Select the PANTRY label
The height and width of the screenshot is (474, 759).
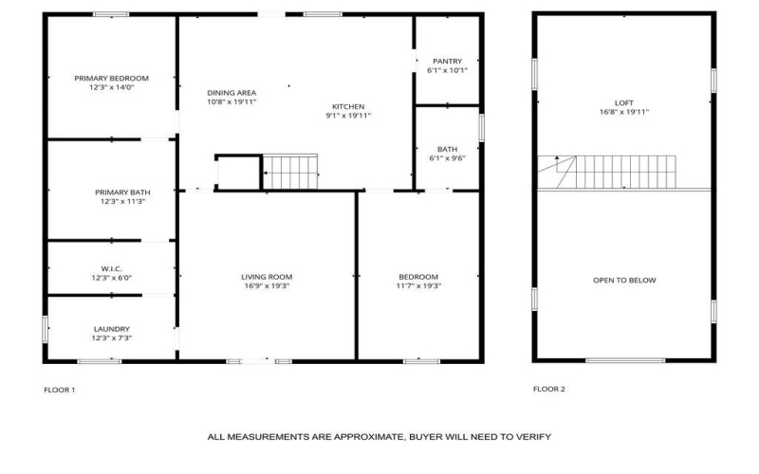tap(447, 61)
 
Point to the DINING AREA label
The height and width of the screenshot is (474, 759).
tap(232, 92)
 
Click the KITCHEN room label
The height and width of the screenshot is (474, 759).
tap(348, 106)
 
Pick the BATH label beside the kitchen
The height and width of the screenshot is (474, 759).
tap(447, 149)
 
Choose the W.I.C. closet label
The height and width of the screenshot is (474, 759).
tap(112, 268)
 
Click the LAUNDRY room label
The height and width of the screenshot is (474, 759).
tap(112, 329)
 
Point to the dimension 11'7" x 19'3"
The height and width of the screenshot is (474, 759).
tap(418, 286)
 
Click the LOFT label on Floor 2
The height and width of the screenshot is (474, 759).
tap(623, 102)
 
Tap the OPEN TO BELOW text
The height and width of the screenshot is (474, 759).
tap(623, 281)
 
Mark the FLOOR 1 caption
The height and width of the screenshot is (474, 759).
tap(60, 390)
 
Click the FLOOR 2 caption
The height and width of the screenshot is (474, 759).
tap(548, 389)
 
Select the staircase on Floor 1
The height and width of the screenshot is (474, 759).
tap(290, 173)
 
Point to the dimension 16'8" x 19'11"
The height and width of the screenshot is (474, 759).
tap(623, 112)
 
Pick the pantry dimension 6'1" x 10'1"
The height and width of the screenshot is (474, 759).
tap(447, 70)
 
